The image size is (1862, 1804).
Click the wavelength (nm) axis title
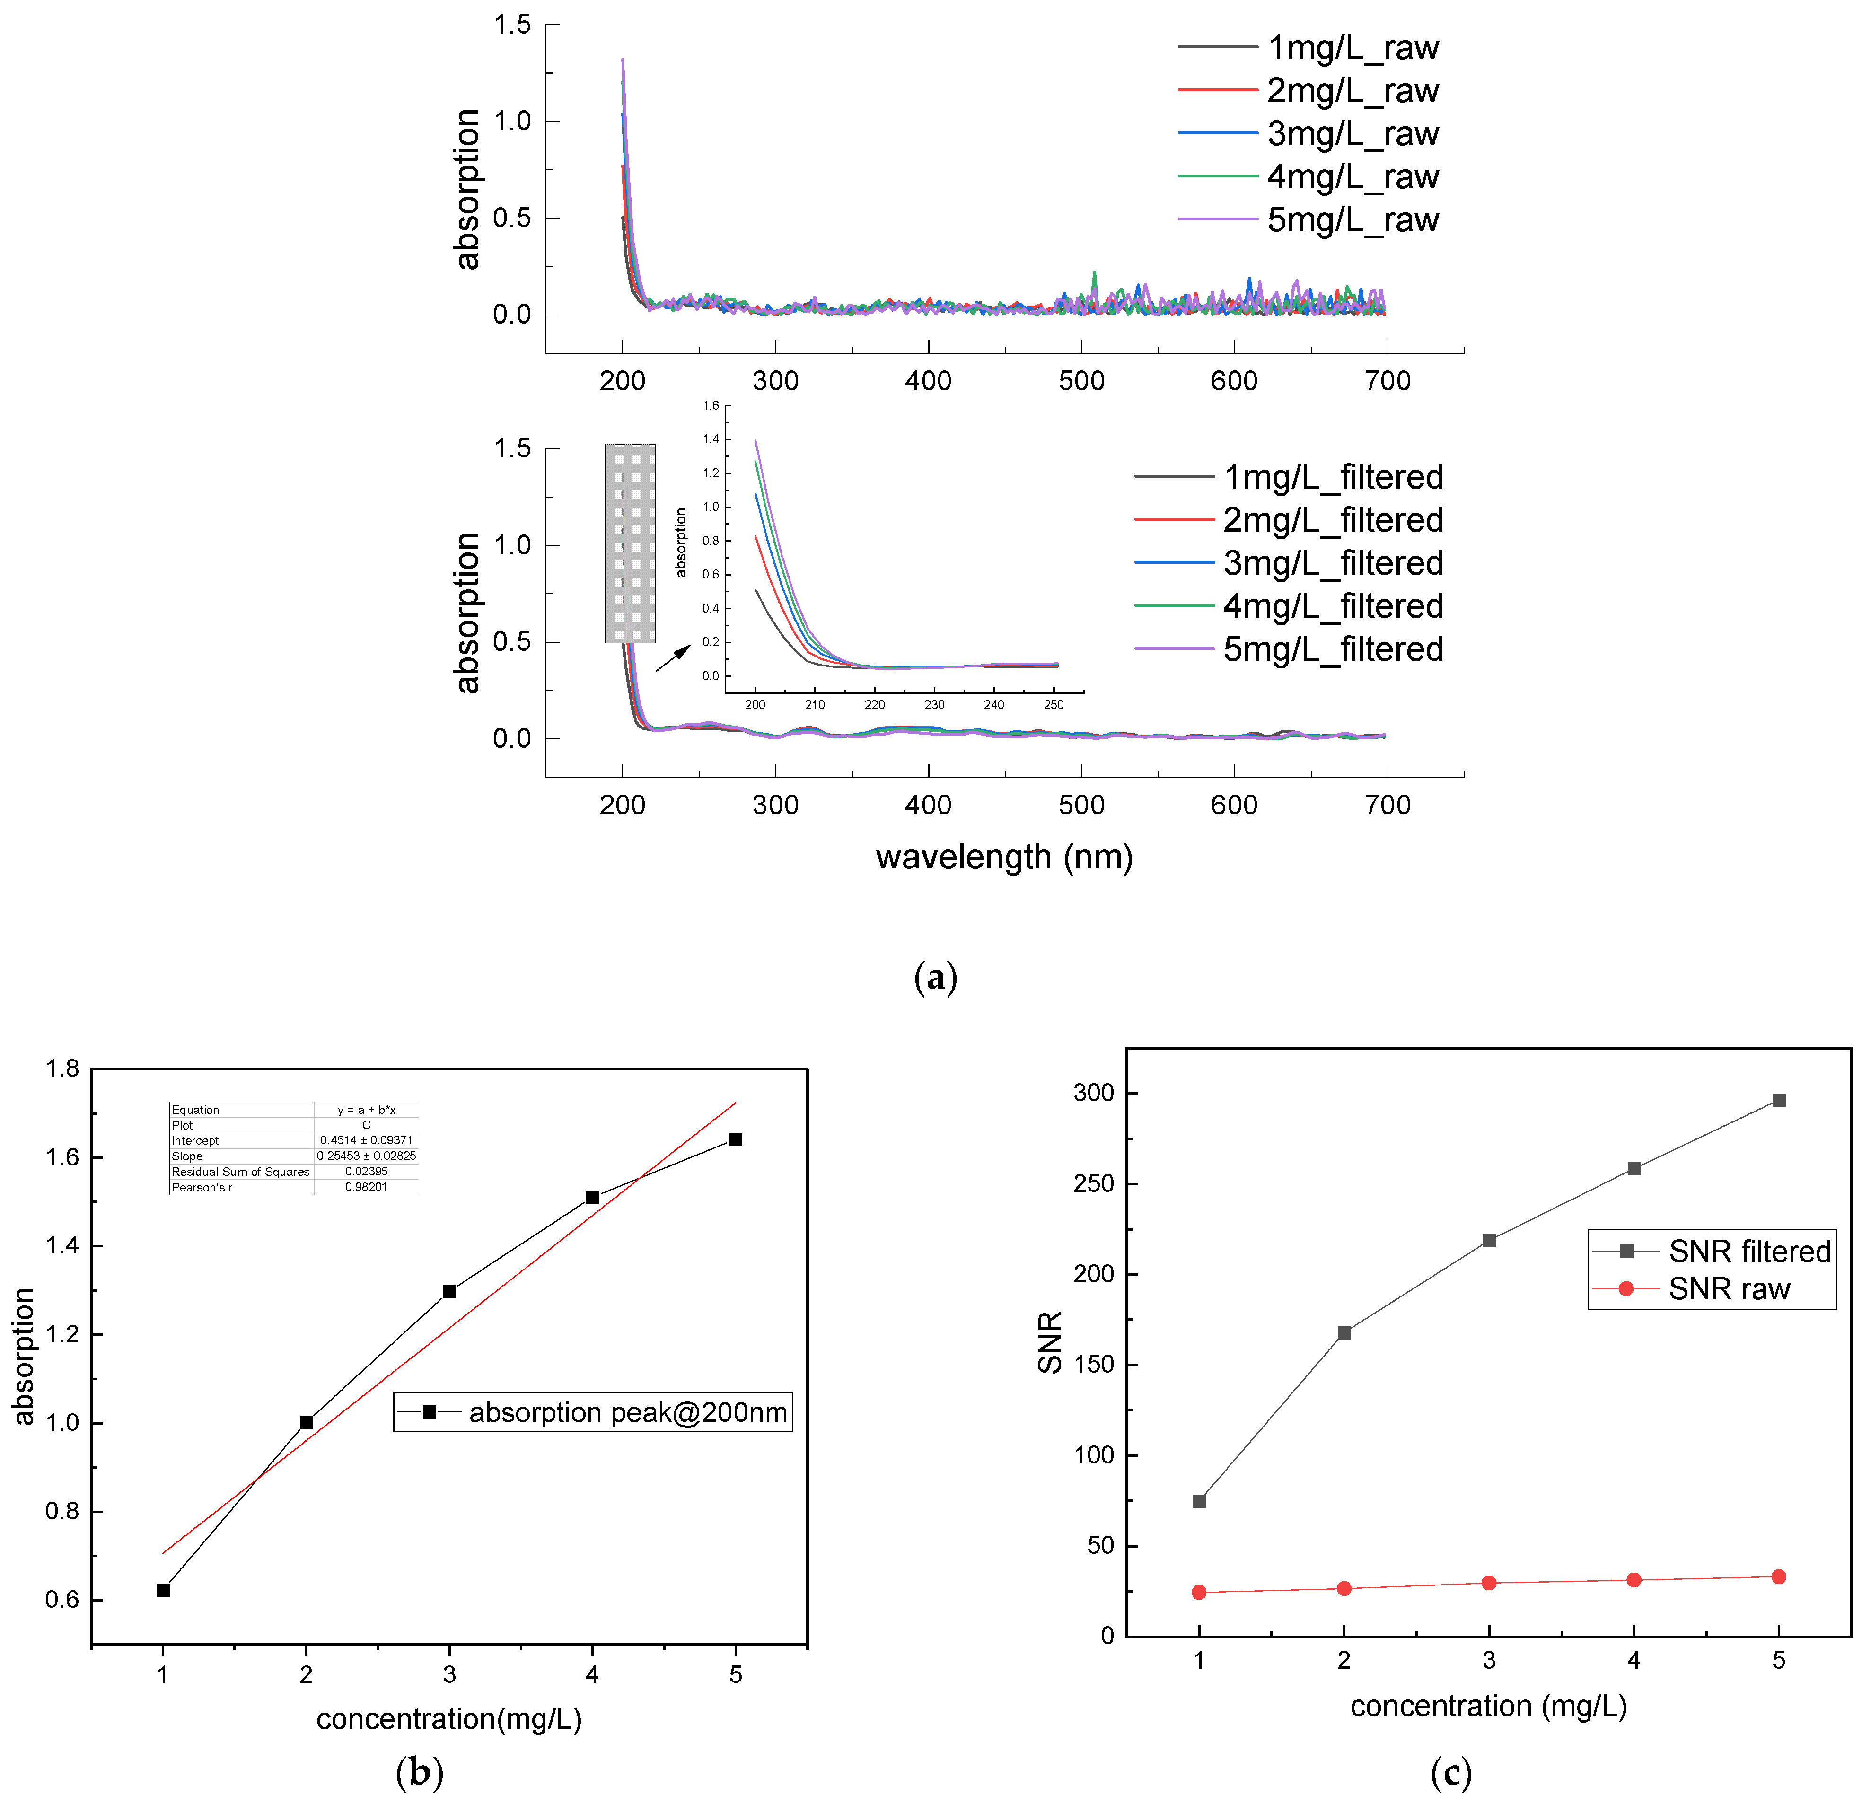point(1004,858)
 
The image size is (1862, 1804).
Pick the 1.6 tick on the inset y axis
point(711,406)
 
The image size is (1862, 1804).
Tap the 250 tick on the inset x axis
point(1054,705)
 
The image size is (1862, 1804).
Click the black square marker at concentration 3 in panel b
point(449,1292)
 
